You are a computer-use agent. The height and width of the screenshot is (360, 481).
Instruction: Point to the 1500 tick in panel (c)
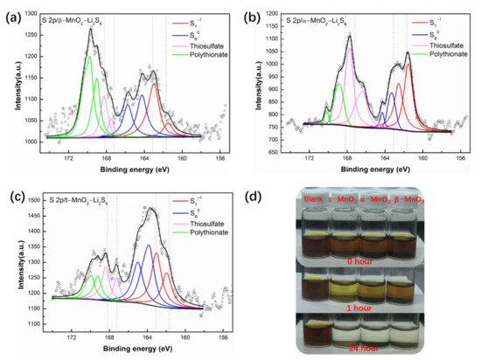pyautogui.click(x=34, y=200)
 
